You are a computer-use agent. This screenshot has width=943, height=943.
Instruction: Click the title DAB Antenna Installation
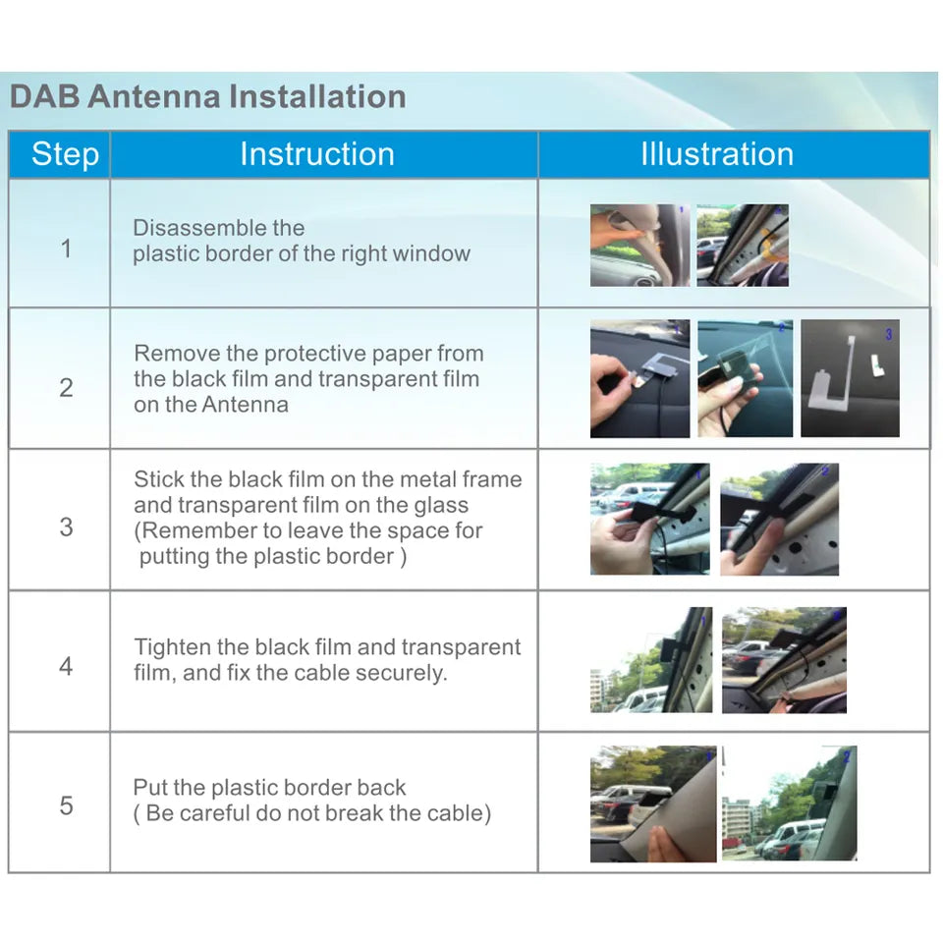207,97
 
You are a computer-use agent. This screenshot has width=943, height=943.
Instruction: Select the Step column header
65,154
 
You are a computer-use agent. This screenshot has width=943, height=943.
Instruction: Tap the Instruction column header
317,154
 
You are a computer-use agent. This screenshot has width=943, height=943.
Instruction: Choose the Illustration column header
717,154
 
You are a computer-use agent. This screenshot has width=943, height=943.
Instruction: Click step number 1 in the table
66,248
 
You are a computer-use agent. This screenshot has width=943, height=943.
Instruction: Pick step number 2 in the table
66,387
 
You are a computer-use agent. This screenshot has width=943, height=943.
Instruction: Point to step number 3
66,527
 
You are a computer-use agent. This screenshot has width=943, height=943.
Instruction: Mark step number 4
66,666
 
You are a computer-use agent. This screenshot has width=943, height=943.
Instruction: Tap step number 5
66,805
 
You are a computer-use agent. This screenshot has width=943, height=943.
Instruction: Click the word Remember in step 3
193,531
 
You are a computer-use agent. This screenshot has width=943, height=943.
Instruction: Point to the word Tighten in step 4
170,647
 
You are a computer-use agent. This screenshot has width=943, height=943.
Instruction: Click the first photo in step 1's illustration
639,246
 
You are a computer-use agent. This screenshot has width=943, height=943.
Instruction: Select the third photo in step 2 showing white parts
850,378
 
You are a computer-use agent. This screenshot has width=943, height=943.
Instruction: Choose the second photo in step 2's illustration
745,378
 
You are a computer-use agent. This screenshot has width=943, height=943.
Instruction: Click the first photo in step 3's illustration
649,519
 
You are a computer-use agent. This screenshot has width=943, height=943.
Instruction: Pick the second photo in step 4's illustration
784,660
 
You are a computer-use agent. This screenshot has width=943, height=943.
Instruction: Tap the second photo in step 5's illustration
789,804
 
